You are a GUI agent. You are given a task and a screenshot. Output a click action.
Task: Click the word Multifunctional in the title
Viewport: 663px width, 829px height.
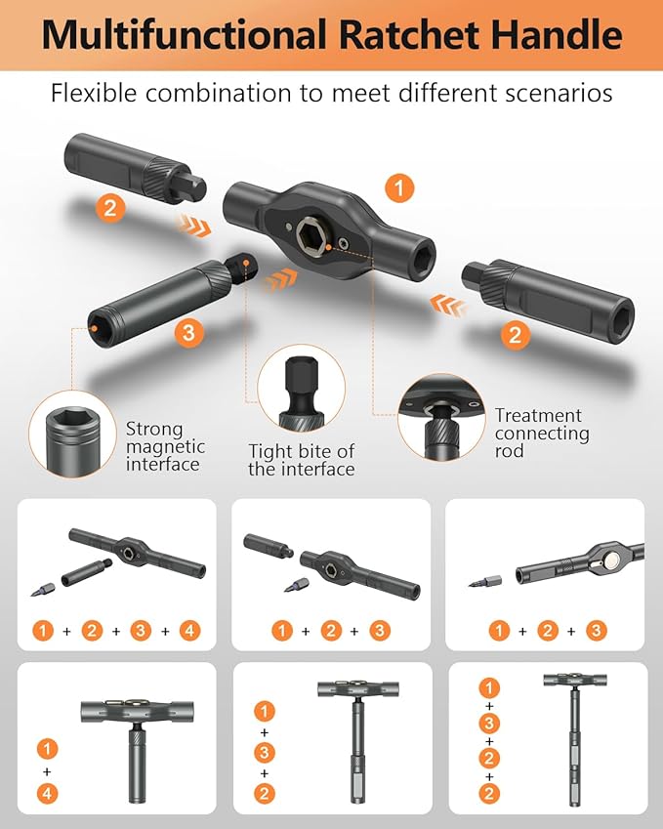click(x=183, y=34)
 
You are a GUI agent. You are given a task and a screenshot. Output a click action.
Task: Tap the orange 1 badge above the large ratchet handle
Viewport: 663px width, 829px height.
click(x=398, y=186)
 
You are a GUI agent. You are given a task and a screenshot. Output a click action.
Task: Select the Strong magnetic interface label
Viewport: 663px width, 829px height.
click(x=165, y=446)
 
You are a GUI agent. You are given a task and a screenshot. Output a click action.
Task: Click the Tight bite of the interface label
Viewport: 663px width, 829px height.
click(x=301, y=460)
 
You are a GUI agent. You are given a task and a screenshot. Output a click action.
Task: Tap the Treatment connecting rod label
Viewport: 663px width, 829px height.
click(x=542, y=433)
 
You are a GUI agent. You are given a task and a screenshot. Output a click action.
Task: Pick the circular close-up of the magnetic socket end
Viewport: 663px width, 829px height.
click(x=72, y=435)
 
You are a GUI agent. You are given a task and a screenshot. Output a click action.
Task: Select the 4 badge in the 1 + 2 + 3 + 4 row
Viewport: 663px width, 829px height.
click(x=189, y=630)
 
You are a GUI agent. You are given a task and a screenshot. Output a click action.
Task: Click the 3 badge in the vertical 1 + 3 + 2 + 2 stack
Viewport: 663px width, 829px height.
click(x=489, y=724)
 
